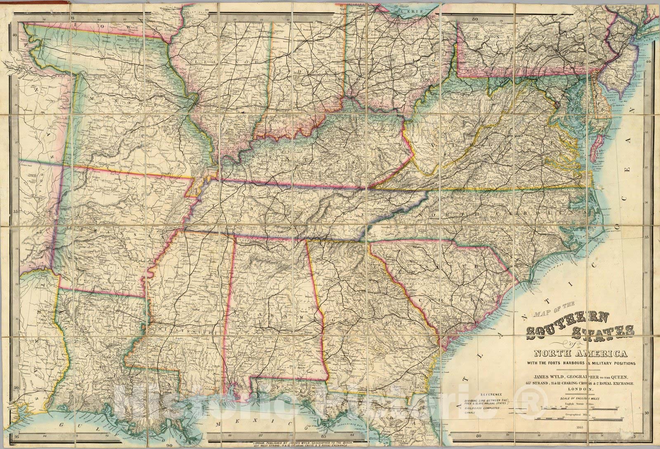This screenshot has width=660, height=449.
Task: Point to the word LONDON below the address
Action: point(580,389)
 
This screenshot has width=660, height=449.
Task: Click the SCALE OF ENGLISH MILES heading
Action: point(580,398)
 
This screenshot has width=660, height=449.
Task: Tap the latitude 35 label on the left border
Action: point(16,211)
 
